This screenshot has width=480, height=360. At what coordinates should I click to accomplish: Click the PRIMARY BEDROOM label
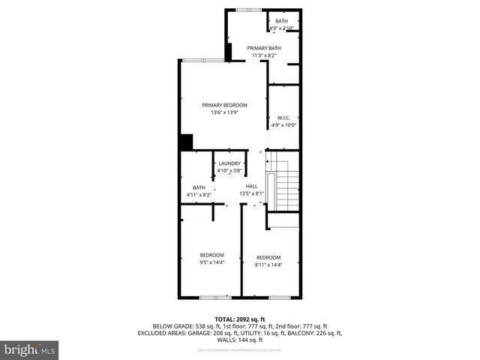coord(224,105)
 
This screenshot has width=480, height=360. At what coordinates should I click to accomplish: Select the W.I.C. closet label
coord(283,118)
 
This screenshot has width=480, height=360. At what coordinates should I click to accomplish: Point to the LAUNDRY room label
coord(229,163)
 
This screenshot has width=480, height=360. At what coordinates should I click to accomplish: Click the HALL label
coord(251,186)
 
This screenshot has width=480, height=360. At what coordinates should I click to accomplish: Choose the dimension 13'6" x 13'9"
coord(224,112)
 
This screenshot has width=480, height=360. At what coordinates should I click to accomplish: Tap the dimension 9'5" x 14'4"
coord(211,262)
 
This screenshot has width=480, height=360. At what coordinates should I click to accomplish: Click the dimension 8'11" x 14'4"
coord(268,265)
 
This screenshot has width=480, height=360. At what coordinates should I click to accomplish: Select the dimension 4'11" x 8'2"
coord(199,195)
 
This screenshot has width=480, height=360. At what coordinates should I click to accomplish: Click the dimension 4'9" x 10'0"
coord(283,125)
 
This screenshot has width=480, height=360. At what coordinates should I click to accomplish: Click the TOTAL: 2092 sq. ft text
coord(239,319)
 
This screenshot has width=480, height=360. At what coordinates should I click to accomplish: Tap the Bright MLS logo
coord(30,349)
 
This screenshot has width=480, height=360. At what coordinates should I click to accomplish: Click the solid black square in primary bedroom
coord(186,142)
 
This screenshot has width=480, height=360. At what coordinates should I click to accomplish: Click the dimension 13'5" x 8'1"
coord(251,193)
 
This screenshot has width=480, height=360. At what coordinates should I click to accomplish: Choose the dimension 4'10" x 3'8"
coord(229,171)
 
